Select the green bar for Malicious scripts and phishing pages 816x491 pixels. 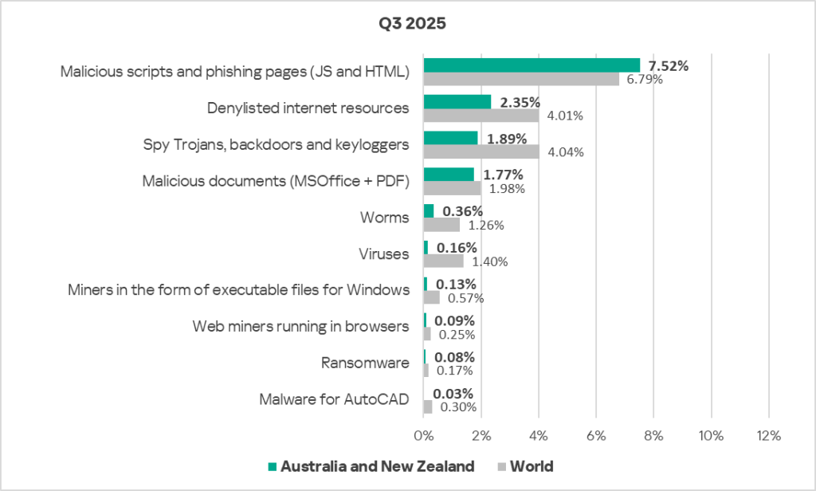coord(532,65)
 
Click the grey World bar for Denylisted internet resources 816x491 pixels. coord(481,116)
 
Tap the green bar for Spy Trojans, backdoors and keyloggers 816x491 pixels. coord(450,138)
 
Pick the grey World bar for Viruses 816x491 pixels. coord(443,261)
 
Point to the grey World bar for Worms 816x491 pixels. coord(441,225)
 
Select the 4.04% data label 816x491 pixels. coord(564,152)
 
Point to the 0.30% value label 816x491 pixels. coord(455,407)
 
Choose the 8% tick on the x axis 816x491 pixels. coord(653,436)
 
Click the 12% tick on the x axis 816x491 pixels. coord(767,436)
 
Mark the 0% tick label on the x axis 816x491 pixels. coord(422,436)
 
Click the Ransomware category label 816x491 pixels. coord(365,363)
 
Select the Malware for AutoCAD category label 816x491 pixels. coord(334,399)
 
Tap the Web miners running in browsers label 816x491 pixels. coord(301,326)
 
